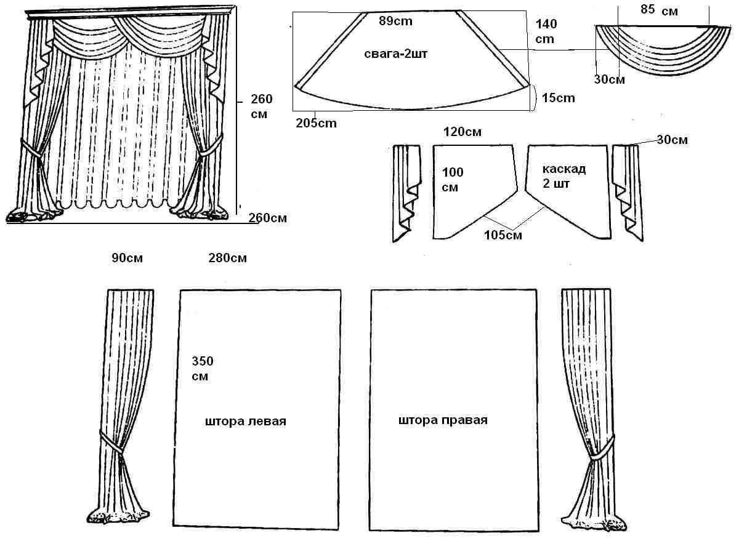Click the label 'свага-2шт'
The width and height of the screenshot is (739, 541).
[x=396, y=55]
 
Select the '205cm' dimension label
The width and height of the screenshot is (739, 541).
[x=317, y=123]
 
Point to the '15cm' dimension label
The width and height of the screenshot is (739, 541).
[x=559, y=97]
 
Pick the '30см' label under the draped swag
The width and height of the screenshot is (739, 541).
[x=610, y=79]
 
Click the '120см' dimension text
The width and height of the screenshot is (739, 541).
[x=462, y=132]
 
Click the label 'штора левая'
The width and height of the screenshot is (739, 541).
[x=246, y=422]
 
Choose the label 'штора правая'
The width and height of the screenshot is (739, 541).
[x=443, y=420]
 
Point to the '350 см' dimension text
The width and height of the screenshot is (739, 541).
[x=203, y=368]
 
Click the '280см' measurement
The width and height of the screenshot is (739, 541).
[x=228, y=258]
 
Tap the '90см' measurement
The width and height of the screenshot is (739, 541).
[x=127, y=258]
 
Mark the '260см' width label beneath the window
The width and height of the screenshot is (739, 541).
[x=267, y=217]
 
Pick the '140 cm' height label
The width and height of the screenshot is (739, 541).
[x=546, y=31]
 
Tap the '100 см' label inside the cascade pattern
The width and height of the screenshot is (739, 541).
[x=452, y=180]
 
